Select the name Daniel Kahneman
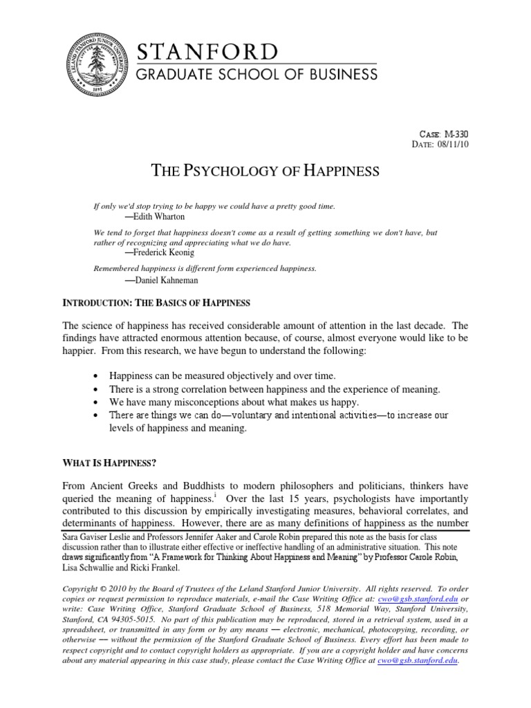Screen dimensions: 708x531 pos(158,281)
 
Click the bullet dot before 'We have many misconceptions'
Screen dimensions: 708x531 pos(95,402)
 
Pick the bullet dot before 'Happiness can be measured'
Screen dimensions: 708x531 pos(95,375)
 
